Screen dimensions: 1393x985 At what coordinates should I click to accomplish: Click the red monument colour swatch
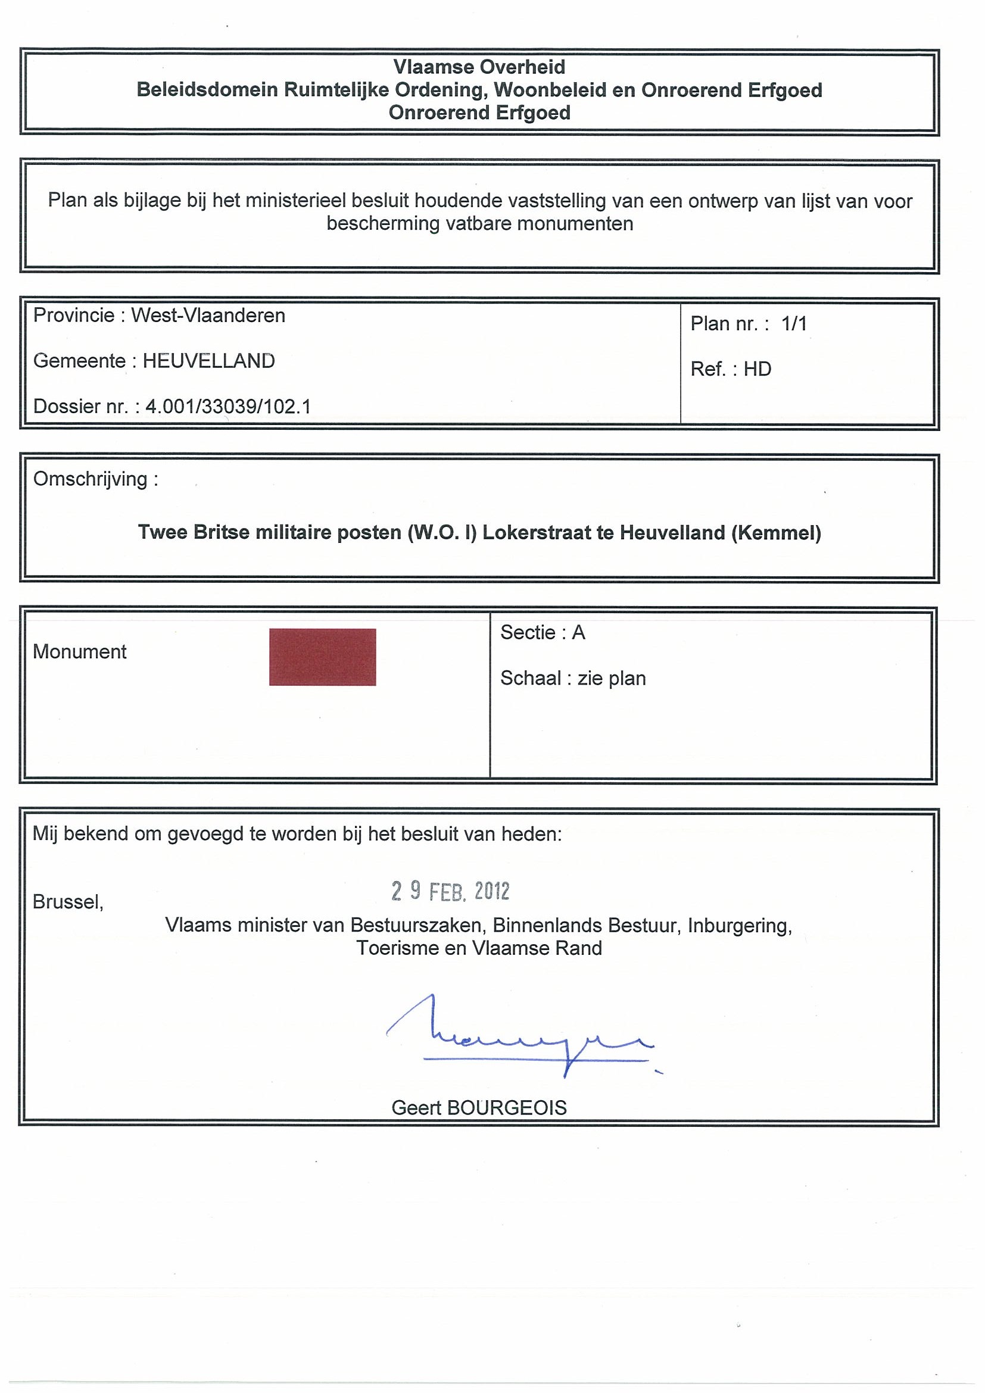tap(322, 657)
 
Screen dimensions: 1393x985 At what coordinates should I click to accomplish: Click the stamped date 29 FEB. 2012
tap(450, 891)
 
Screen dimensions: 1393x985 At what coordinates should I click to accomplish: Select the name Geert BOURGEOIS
tap(479, 1108)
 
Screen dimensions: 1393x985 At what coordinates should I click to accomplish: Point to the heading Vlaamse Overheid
tap(479, 67)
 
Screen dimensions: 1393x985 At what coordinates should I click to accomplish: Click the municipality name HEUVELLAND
tap(208, 361)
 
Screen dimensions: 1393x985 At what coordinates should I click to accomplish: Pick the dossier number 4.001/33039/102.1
tap(227, 407)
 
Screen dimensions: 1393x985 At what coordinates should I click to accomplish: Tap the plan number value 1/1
tap(794, 324)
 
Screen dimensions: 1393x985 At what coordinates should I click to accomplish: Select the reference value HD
tap(757, 370)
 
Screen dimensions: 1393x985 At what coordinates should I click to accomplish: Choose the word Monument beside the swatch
tap(80, 652)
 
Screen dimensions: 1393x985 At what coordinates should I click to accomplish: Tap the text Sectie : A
tap(543, 633)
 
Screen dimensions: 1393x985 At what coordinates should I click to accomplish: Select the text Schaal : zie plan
tap(572, 678)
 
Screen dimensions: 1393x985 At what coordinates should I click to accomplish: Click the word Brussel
tap(68, 902)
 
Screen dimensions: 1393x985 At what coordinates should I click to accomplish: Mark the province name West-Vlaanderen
tap(208, 316)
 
